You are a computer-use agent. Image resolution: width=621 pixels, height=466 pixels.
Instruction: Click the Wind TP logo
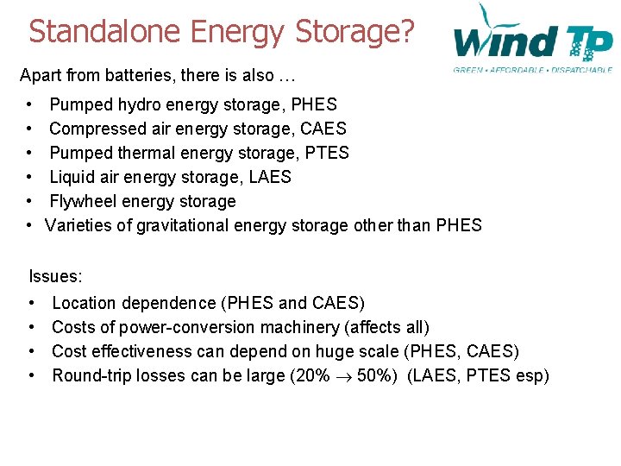532,39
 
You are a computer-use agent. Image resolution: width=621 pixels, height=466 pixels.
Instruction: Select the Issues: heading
55,277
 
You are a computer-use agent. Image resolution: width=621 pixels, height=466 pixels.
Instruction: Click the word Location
85,303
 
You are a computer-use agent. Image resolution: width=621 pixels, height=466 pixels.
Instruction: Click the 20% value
308,375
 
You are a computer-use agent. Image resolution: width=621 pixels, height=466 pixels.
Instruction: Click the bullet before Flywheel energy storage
30,201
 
